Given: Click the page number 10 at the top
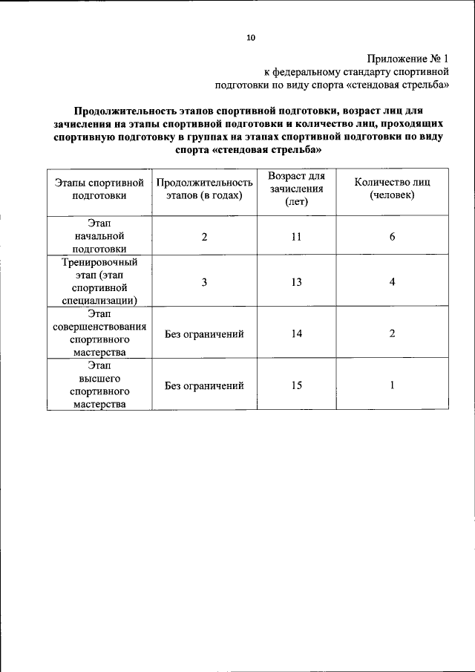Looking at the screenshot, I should pos(251,37).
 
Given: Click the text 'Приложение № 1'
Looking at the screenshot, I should pos(409,58).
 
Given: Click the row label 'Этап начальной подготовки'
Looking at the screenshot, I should pos(99,236).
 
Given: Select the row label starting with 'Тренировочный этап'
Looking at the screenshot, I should pos(99,281).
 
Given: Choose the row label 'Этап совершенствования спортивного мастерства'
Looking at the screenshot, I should pos(99,333).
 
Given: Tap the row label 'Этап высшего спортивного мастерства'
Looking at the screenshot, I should pos(99,385).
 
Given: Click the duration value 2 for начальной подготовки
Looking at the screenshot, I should pos(204,237).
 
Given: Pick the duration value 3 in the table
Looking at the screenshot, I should pos(204,282).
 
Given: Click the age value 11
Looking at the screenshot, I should pos(296,237).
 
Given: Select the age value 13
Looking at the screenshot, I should pos(296,282).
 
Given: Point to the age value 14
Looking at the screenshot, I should pos(296,334).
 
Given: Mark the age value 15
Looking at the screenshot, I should pos(296,385).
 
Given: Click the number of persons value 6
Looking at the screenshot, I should pos(392,237).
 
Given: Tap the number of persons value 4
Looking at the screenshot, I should pos(392,282).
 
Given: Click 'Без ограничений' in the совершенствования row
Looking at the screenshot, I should pos(204,334).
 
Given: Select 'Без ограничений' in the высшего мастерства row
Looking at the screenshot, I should pos(204,385).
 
